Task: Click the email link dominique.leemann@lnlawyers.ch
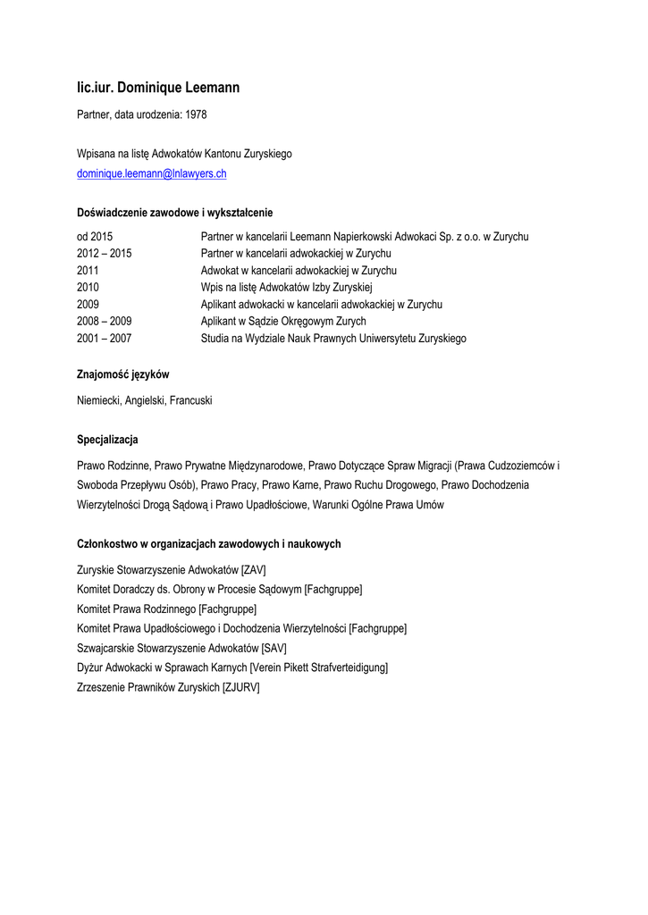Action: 152,173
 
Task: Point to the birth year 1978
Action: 196,115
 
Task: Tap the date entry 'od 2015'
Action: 95,237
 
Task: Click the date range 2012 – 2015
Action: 105,254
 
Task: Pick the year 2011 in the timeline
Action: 88,271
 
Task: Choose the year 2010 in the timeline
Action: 88,288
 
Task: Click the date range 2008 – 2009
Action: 105,322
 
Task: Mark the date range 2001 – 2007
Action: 105,339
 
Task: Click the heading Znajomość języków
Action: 123,375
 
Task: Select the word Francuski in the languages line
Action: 191,401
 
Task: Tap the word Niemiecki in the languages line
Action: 99,401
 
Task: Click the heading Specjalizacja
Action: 108,441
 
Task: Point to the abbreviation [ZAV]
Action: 254,570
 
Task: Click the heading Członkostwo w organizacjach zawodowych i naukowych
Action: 209,544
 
